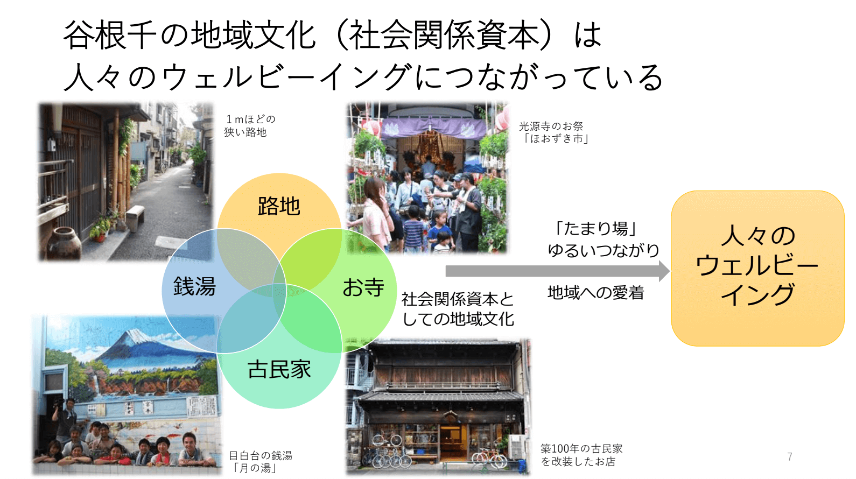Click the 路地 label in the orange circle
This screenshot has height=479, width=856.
tap(279, 206)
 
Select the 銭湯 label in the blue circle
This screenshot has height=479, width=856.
tap(194, 286)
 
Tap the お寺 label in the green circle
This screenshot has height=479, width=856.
tap(363, 287)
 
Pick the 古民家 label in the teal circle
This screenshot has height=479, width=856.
tap(279, 369)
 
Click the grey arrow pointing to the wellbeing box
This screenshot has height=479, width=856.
tap(558, 271)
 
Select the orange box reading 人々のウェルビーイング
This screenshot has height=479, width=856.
tap(758, 269)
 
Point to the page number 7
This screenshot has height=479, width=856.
tap(790, 456)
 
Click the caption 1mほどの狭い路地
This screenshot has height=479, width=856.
tap(250, 126)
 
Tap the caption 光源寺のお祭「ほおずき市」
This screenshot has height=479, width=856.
tap(554, 132)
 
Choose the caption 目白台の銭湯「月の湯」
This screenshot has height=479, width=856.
tap(261, 462)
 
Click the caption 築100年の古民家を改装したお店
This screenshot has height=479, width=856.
tap(581, 455)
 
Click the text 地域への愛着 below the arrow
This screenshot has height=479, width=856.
tap(596, 293)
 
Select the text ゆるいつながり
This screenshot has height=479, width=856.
tap(604, 250)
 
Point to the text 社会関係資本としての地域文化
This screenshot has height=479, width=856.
tap(458, 309)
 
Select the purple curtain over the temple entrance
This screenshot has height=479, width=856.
tap(434, 128)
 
